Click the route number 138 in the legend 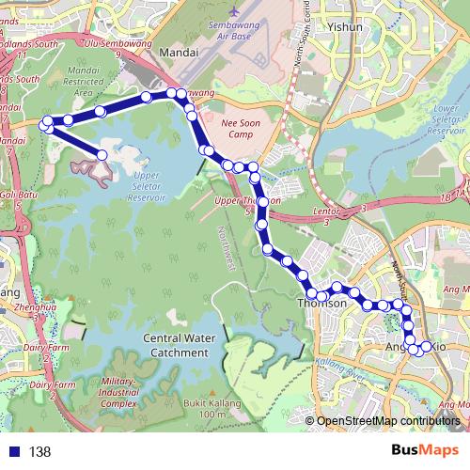pos(39,452)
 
